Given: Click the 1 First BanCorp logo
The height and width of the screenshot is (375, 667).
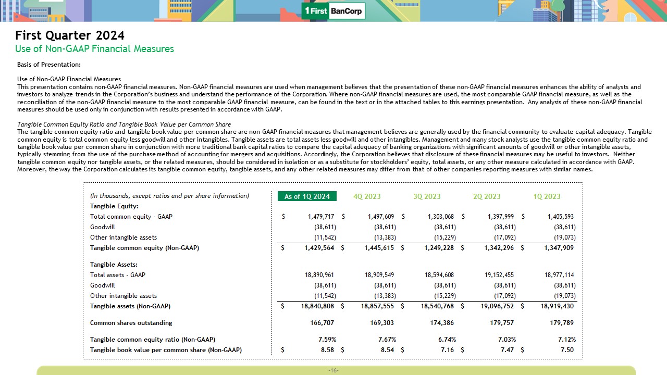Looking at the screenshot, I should (333, 11).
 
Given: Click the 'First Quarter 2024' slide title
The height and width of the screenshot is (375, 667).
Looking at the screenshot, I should (70, 35).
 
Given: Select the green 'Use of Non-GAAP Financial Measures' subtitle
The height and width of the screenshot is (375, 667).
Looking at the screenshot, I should (94, 49).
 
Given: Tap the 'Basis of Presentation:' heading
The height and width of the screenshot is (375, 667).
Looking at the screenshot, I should (49, 65).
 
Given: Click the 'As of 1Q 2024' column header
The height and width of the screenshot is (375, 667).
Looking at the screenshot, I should (307, 196).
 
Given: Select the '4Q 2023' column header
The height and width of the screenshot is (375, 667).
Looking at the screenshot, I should (367, 196).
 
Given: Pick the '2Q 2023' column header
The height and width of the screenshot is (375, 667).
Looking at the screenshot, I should (487, 196).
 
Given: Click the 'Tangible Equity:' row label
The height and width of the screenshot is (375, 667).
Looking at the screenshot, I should (110, 206).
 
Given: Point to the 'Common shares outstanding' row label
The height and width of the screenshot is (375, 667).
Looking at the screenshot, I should (131, 323).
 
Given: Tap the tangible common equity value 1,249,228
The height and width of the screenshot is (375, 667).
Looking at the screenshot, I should (436, 248).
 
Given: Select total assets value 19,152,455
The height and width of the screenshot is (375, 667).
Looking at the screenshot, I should (496, 275).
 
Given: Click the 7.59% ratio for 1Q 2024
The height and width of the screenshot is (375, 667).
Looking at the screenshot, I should (327, 340).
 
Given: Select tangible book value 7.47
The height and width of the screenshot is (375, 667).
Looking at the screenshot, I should (507, 350).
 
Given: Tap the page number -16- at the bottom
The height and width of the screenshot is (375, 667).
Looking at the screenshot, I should (333, 370).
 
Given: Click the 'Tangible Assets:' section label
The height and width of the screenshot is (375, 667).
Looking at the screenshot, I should (114, 265).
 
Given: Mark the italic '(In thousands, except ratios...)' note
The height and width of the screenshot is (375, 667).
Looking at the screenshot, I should (169, 196).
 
